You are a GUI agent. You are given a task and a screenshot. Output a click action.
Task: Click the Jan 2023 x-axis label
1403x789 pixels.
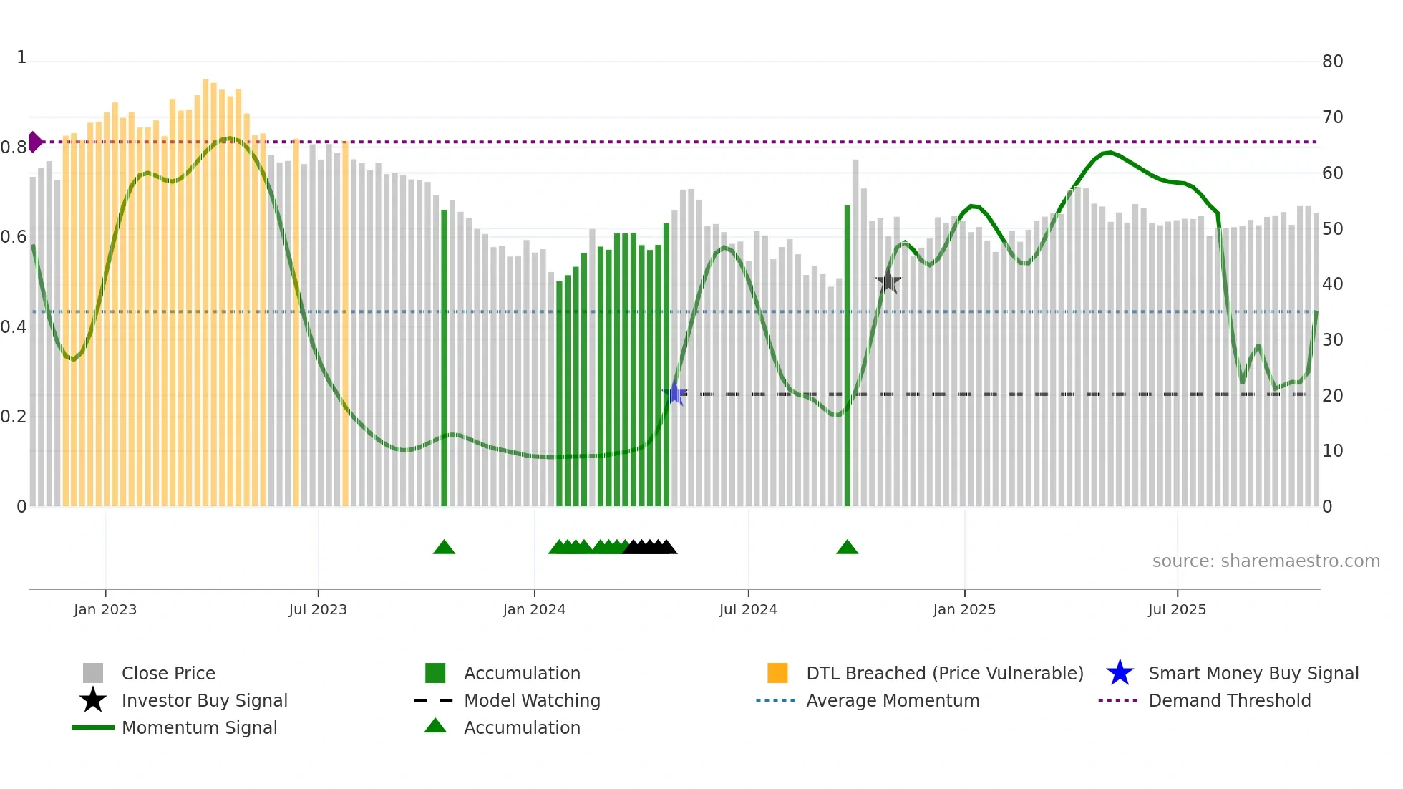click(x=105, y=609)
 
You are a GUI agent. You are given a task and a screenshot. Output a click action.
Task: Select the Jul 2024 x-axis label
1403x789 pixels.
click(x=748, y=609)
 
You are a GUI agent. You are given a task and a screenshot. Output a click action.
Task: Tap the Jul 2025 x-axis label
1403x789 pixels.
click(x=1177, y=609)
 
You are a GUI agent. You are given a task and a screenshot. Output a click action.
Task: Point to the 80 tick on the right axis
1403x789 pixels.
click(x=1332, y=62)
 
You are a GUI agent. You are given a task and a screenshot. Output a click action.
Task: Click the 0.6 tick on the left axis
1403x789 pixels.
click(x=14, y=237)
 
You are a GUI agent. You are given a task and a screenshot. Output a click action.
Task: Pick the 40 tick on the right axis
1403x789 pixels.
click(x=1332, y=284)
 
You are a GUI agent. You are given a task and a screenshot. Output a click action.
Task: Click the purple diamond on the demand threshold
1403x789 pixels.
click(x=34, y=142)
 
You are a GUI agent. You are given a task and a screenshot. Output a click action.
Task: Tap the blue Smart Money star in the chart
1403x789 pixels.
click(x=674, y=394)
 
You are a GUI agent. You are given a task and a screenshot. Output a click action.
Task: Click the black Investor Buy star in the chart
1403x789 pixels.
click(x=888, y=281)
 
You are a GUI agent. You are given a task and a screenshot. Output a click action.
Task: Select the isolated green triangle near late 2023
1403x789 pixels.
click(x=444, y=548)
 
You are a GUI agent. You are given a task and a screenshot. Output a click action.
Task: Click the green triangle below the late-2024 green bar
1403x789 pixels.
click(x=847, y=548)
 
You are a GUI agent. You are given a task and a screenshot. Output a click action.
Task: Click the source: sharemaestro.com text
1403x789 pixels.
click(x=1266, y=561)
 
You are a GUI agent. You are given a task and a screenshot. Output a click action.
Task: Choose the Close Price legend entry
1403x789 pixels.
click(x=168, y=673)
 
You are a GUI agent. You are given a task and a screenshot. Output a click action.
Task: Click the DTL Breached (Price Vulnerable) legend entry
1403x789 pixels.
click(x=944, y=673)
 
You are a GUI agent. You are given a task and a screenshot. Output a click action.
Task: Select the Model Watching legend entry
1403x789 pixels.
click(x=532, y=700)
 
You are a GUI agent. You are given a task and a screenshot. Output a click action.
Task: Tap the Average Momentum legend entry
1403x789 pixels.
click(x=893, y=700)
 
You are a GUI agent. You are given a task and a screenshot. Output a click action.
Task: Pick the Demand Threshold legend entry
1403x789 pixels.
click(x=1229, y=700)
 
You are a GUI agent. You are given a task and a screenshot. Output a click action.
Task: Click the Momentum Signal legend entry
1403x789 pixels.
click(x=199, y=727)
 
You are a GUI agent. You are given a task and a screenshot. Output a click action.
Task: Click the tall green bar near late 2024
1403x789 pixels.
click(x=848, y=358)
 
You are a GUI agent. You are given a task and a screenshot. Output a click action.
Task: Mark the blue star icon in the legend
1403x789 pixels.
click(x=1120, y=673)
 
